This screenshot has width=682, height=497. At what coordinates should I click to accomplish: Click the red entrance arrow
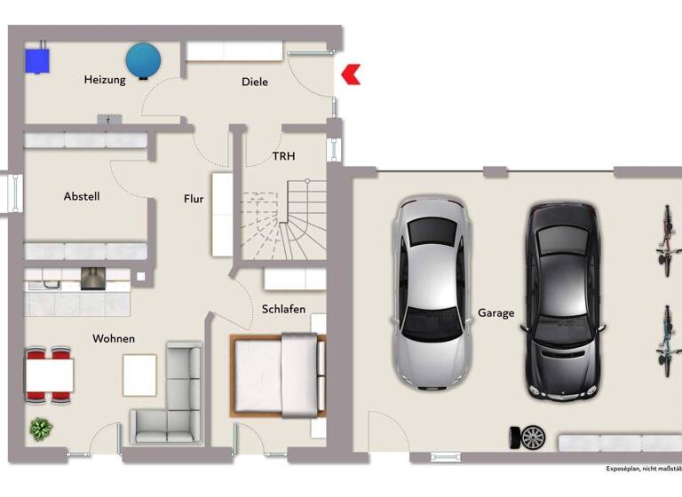click(x=352, y=75)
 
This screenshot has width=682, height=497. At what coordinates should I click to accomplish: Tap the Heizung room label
click(x=105, y=80)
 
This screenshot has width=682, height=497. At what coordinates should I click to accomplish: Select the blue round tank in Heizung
click(x=143, y=59)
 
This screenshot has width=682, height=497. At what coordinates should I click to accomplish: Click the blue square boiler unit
click(x=38, y=59)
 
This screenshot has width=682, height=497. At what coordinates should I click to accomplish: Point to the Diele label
click(x=255, y=82)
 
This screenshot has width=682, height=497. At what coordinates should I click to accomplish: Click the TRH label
click(x=284, y=156)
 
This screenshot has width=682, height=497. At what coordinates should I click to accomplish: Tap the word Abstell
click(x=82, y=196)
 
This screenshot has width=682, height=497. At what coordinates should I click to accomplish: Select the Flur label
click(x=194, y=199)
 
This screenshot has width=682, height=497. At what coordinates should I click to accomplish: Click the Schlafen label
click(x=283, y=309)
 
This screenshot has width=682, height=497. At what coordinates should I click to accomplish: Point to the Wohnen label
click(x=114, y=338)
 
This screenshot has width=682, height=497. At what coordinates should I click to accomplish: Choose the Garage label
click(x=496, y=312)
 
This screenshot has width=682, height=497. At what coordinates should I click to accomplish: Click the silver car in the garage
click(x=431, y=292)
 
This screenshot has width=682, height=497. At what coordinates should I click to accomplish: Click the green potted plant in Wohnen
click(x=41, y=430)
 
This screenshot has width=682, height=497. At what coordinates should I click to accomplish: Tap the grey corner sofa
click(x=170, y=398)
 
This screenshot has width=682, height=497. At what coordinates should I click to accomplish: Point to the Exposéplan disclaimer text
click(x=643, y=468)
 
